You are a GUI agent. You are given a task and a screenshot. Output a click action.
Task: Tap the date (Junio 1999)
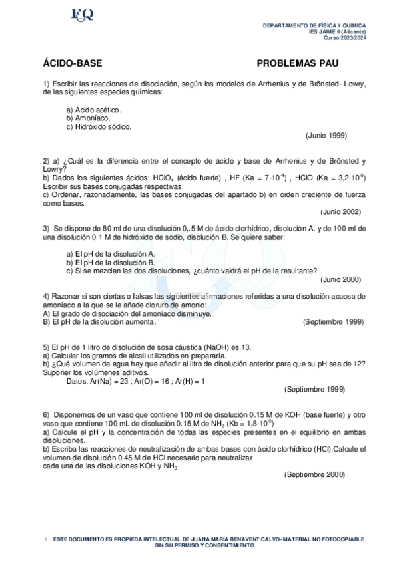326,135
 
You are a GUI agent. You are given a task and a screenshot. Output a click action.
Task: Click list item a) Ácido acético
93,109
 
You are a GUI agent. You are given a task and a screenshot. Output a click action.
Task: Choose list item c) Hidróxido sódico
99,126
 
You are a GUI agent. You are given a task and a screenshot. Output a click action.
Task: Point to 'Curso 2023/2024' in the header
345,37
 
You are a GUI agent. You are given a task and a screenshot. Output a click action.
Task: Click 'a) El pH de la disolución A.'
111,254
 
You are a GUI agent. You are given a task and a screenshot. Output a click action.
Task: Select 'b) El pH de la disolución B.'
111,263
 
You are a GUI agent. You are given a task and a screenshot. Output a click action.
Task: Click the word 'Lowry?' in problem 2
55,169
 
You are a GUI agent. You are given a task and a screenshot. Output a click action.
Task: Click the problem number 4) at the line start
46,295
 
